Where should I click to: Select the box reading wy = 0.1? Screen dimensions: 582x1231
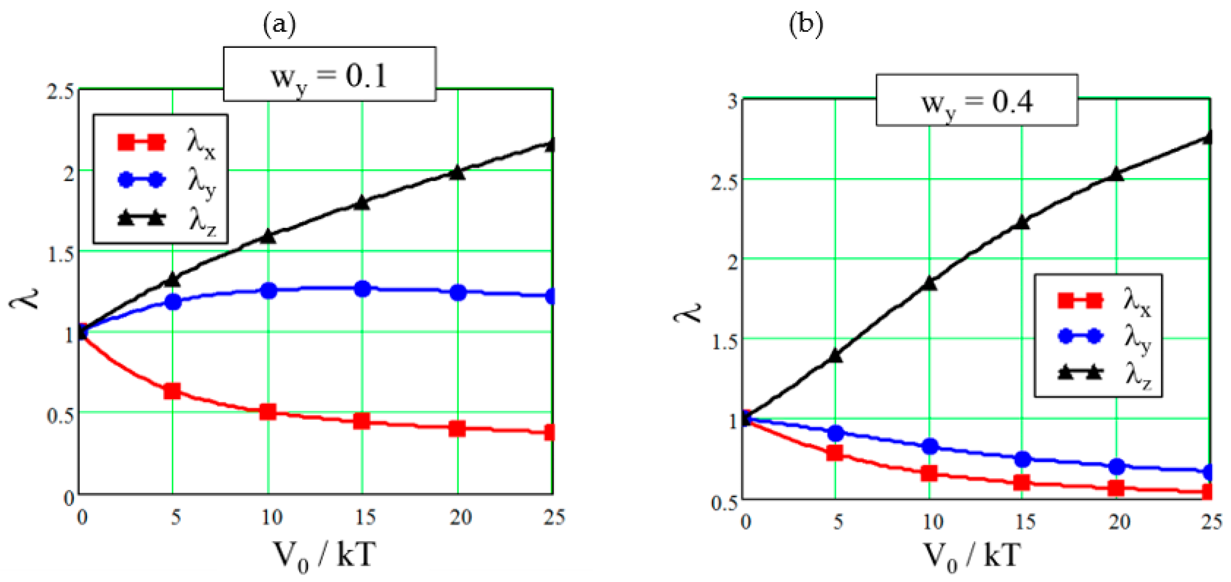tap(329, 75)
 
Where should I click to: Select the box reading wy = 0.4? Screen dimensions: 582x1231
tap(976, 100)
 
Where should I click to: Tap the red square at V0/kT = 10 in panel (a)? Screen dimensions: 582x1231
tap(268, 411)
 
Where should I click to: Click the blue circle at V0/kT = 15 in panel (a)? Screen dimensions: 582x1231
tap(363, 289)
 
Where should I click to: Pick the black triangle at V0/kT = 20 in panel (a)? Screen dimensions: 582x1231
tap(457, 173)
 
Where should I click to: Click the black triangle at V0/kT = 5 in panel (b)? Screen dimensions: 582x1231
tap(835, 355)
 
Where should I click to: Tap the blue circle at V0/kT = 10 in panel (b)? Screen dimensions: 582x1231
tap(929, 446)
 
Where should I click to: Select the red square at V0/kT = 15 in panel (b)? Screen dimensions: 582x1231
tap(1022, 482)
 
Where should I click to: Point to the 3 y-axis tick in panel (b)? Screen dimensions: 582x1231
tap(732, 101)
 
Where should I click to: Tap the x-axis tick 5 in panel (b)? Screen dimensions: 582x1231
tap(838, 521)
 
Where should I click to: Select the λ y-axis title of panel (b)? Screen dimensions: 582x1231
tap(687, 313)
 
